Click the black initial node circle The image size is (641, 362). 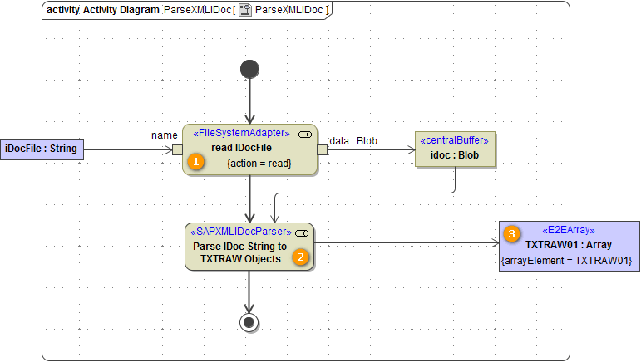click(249, 69)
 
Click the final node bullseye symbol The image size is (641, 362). click(249, 322)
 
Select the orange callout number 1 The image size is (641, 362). click(195, 161)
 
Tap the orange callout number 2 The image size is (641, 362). click(301, 257)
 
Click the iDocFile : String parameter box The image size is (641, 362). click(42, 149)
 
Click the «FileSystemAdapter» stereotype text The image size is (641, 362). click(241, 133)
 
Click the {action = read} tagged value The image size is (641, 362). click(259, 164)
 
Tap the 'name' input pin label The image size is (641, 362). click(165, 135)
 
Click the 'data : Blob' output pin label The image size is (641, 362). click(353, 140)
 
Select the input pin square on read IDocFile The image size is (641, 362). click(177, 149)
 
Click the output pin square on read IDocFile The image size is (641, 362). click(322, 149)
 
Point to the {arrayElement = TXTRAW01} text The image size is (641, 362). click(569, 262)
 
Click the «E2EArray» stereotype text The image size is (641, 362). click(569, 230)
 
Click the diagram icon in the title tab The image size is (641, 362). click(245, 10)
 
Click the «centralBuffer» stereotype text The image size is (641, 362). click(454, 139)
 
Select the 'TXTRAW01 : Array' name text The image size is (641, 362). click(569, 246)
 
